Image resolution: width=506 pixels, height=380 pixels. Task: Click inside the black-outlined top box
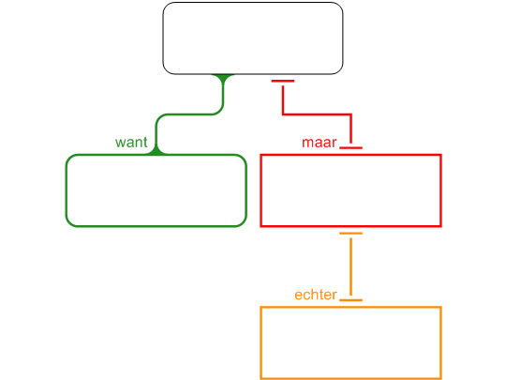[x=253, y=38]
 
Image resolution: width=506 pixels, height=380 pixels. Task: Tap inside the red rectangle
[x=350, y=190]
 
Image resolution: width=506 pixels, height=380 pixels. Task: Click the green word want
[x=131, y=143]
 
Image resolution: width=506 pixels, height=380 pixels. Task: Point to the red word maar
[x=320, y=143]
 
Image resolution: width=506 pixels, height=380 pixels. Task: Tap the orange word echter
[x=316, y=295]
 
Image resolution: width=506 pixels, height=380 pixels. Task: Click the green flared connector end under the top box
[x=223, y=79]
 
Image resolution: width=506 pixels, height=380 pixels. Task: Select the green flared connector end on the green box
[x=156, y=150]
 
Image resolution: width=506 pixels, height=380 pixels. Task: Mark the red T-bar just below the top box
[x=283, y=81]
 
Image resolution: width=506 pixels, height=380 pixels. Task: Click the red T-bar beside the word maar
[x=350, y=147]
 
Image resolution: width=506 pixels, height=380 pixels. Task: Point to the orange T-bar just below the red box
[x=350, y=233]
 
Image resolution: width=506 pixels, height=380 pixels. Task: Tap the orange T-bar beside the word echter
[x=350, y=300]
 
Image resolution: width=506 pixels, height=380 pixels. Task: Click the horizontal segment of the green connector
[x=189, y=114]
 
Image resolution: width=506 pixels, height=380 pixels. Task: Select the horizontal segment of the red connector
[x=317, y=114]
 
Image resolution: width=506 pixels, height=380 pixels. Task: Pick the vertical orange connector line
[x=350, y=266]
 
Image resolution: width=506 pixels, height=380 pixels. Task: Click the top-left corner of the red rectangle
[x=260, y=155]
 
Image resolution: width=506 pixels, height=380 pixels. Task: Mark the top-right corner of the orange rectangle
[x=440, y=307]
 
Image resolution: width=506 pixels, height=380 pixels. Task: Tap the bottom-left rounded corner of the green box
[x=68, y=223]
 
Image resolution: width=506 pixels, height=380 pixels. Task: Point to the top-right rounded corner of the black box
[x=340, y=6]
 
